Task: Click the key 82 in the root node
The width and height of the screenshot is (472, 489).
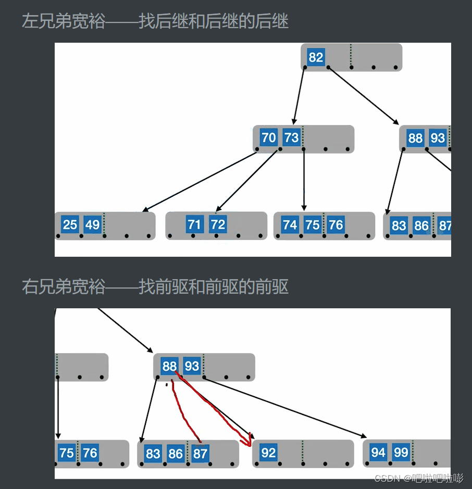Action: (x=316, y=57)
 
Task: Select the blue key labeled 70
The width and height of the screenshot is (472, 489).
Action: (x=268, y=137)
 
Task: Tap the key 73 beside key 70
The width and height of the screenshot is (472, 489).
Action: (x=291, y=137)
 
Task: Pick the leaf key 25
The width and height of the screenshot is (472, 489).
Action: (x=69, y=224)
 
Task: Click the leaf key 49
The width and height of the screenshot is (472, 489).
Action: (x=92, y=224)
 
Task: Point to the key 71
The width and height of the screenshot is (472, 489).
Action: (x=194, y=224)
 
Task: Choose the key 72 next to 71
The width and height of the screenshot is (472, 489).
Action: (x=218, y=224)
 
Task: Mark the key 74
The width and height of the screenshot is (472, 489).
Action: (x=290, y=224)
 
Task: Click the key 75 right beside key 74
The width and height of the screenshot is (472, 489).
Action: (x=313, y=224)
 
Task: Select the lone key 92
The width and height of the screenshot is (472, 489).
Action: (x=268, y=453)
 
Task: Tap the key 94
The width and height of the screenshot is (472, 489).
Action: (x=378, y=453)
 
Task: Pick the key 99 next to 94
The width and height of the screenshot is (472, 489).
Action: (x=401, y=453)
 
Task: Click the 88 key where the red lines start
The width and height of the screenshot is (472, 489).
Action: (x=169, y=366)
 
